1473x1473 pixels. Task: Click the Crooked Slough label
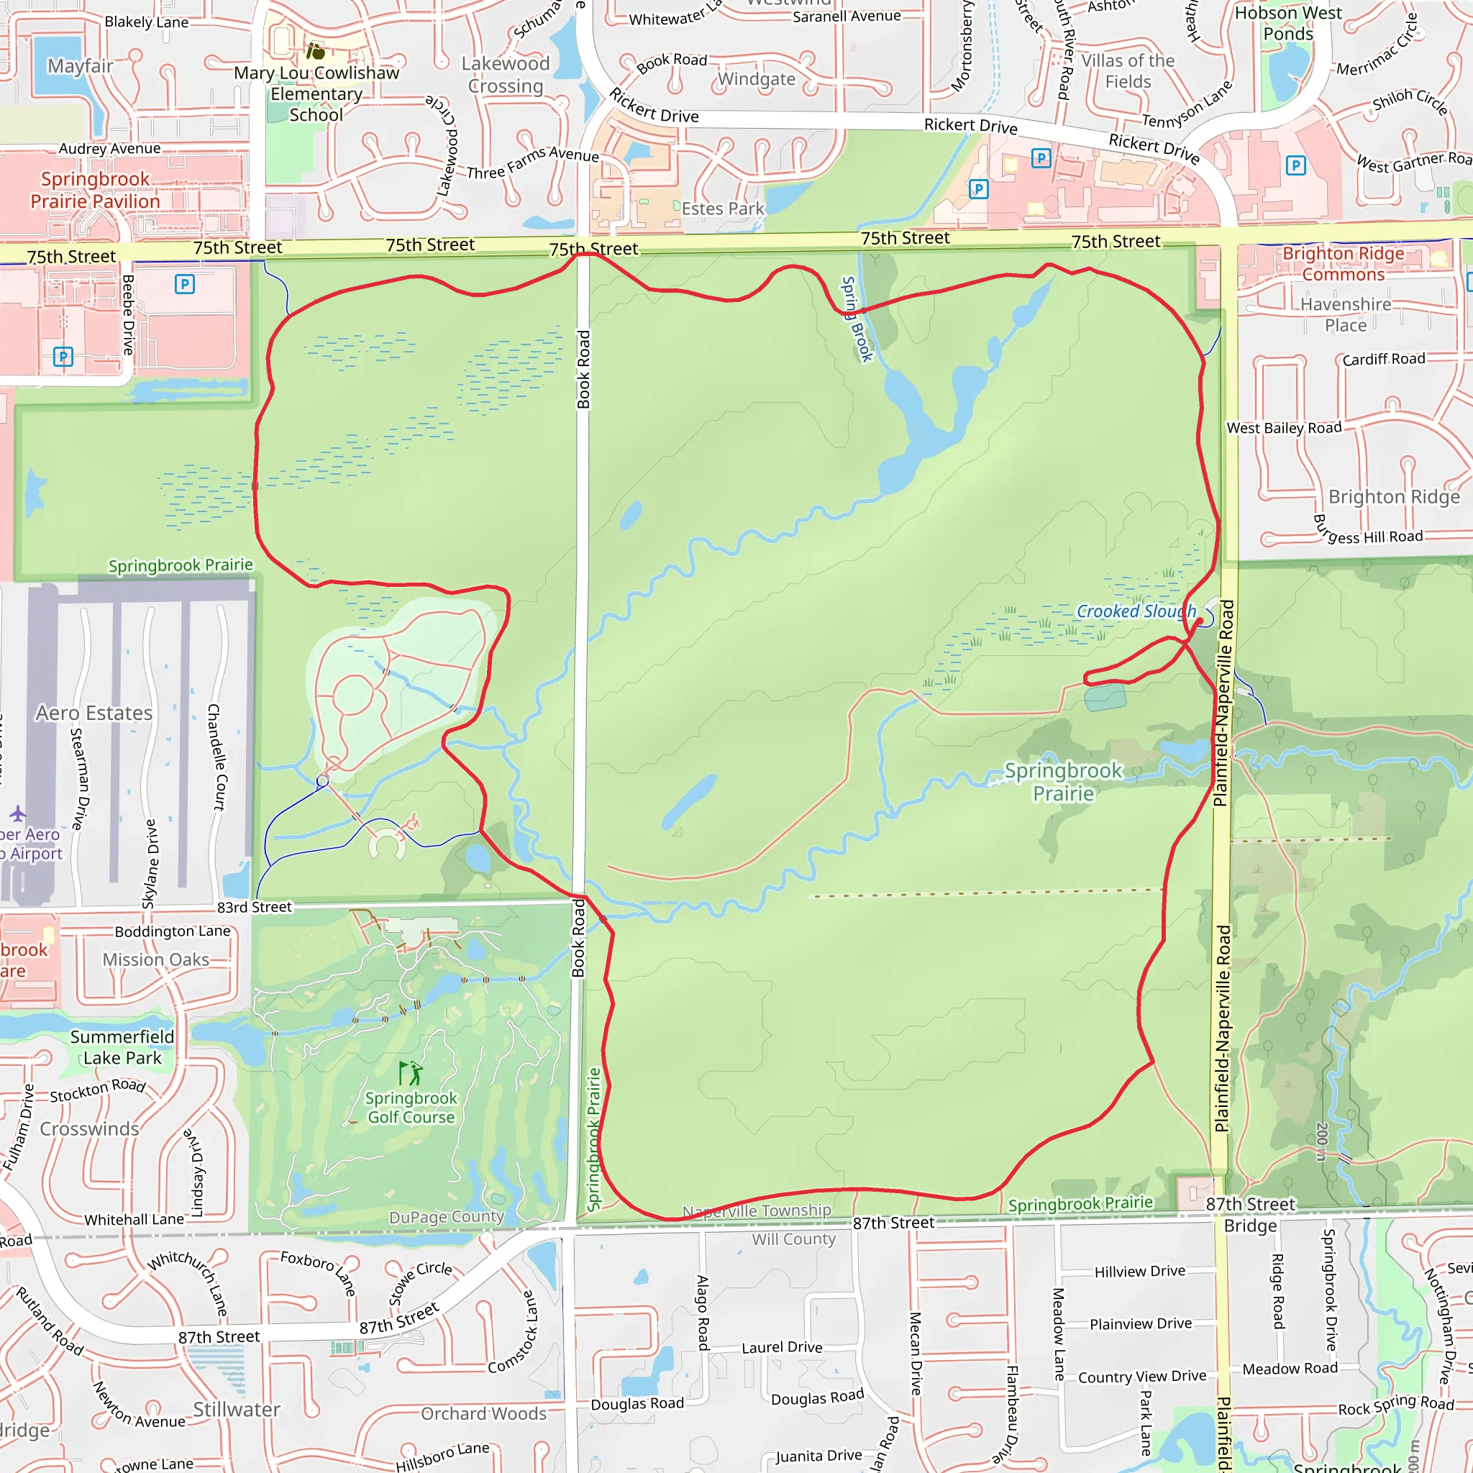coord(1135,611)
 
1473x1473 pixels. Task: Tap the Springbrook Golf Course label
coord(411,1108)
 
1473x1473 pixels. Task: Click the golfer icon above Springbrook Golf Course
coord(411,1072)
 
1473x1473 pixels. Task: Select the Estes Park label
coord(722,209)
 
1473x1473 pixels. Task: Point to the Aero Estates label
coord(94,713)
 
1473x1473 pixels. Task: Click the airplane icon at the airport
coord(18,813)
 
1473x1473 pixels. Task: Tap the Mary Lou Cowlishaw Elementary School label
coord(316,94)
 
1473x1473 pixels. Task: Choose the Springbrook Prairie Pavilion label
coord(96,190)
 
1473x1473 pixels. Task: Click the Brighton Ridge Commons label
coord(1343,264)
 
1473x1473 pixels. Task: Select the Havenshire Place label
coord(1346,315)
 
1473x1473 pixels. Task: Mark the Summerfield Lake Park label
coord(122,1047)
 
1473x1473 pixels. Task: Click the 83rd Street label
coord(255,907)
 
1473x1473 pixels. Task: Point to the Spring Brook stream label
coord(857,319)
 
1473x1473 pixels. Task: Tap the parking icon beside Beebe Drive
coord(185,284)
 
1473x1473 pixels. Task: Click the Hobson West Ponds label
coord(1288,24)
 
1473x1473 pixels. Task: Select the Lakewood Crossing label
coord(506,75)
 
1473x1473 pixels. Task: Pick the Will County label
coord(794,1239)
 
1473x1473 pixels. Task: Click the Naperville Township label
coord(757,1210)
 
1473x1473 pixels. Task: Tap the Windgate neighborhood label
coord(757,79)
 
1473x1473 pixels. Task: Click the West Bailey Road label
coord(1284,428)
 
